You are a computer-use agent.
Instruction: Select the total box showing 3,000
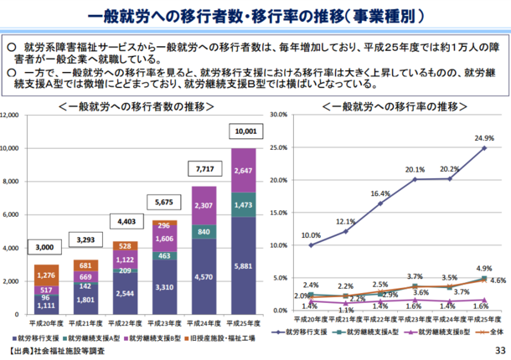tap(45, 247)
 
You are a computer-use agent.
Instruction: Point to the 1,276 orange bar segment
tap(45, 275)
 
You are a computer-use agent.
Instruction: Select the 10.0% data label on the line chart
tap(311, 235)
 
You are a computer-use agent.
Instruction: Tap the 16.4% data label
tap(379, 193)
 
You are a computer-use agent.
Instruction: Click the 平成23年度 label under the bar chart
tap(166, 321)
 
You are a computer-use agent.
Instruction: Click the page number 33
tap(500, 350)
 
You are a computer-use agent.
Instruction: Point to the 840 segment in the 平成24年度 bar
tap(205, 232)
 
